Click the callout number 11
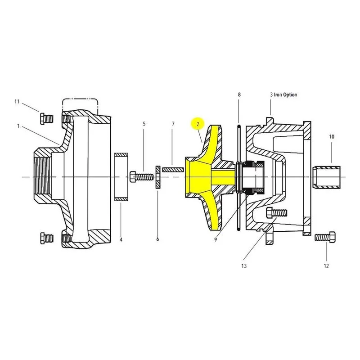point(17,102)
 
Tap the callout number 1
point(18,126)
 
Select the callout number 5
point(144,124)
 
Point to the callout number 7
point(173,124)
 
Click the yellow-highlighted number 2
point(198,125)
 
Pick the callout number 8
point(239,94)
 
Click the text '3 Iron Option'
point(283,94)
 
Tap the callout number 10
point(332,137)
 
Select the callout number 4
point(121,240)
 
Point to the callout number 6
point(157,239)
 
